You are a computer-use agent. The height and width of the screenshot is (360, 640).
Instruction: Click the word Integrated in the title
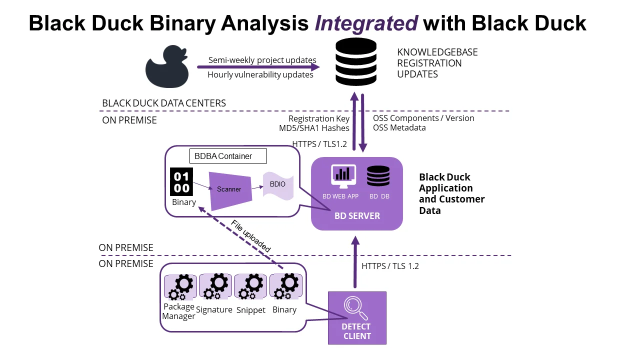[x=366, y=23]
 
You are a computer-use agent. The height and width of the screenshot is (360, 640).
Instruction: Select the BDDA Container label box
[x=228, y=156]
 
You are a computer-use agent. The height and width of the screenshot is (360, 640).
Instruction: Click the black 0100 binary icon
[x=181, y=181]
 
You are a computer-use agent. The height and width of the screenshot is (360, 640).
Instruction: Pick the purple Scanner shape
[x=229, y=189]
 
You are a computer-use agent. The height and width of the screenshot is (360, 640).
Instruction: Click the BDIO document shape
[x=278, y=185]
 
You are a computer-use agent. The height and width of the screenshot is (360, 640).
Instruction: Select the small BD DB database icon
[x=378, y=176]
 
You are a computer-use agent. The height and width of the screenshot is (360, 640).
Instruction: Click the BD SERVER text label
[x=357, y=216]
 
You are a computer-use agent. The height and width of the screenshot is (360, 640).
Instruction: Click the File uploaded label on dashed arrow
[x=251, y=236]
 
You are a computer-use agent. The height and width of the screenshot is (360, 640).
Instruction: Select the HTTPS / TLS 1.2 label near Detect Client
[x=390, y=266]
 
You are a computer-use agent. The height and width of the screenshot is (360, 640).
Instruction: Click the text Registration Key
[x=318, y=118]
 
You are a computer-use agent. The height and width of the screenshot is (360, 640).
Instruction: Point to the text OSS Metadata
[x=399, y=127]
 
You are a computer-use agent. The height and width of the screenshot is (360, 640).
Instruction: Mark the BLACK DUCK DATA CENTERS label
[x=164, y=103]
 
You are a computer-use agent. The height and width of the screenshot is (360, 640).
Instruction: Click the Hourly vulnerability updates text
[x=260, y=74]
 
